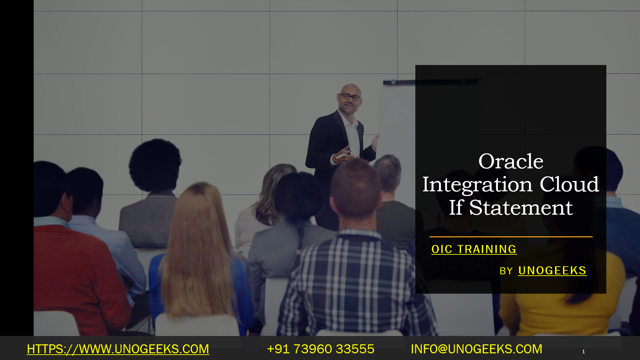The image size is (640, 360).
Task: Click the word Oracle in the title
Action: [511, 161]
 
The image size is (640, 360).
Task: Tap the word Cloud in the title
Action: [569, 184]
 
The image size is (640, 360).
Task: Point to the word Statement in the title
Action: [521, 207]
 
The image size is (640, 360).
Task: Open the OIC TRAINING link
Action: [474, 249]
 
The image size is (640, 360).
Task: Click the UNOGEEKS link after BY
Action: [552, 271]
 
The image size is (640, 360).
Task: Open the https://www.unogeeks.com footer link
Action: [118, 349]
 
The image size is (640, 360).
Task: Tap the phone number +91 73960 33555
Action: [321, 349]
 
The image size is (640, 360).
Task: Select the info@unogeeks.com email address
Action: [477, 349]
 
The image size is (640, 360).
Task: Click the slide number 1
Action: [583, 352]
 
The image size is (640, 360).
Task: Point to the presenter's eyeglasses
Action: [350, 97]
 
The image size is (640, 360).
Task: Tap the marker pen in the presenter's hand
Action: [343, 155]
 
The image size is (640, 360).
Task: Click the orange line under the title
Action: [511, 237]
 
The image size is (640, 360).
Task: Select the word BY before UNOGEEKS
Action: [506, 271]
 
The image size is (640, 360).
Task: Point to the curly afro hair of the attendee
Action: [155, 165]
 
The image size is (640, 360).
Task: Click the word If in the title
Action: [456, 207]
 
